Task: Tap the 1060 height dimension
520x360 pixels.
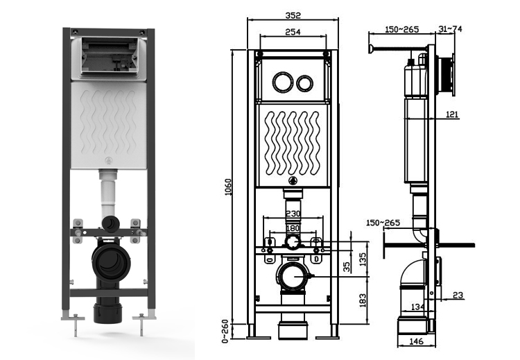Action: [x=228, y=187]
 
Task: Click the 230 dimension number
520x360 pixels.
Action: [x=293, y=214]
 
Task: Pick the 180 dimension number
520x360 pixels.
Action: [x=293, y=228]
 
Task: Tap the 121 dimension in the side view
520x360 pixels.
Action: [x=451, y=114]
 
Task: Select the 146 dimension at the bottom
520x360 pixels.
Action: [x=415, y=342]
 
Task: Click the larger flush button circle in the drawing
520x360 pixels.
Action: [x=282, y=82]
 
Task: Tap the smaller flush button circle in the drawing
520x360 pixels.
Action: [x=304, y=83]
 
